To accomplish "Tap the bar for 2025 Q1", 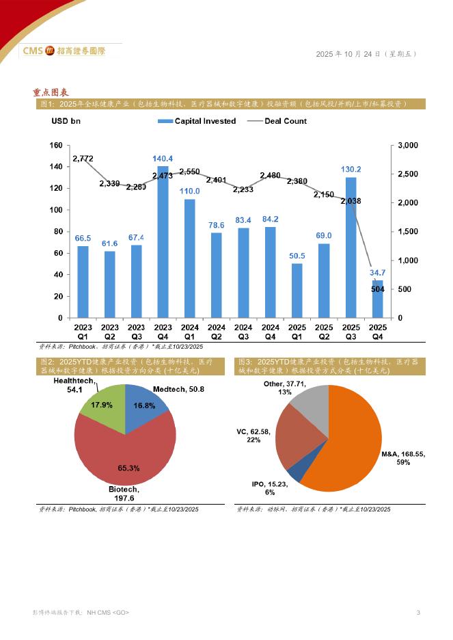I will [x=297, y=291].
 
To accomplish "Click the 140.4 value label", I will [x=163, y=159].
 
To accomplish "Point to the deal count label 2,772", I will [x=83, y=159].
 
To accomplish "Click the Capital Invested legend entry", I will [x=197, y=121].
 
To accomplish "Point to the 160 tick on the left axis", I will [x=56, y=145].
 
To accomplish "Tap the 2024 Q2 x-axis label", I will [x=217, y=332].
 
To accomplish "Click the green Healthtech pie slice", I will [x=102, y=409].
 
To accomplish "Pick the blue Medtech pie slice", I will [x=146, y=406].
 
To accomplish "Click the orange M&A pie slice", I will [x=348, y=444].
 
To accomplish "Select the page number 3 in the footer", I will [x=418, y=612].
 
